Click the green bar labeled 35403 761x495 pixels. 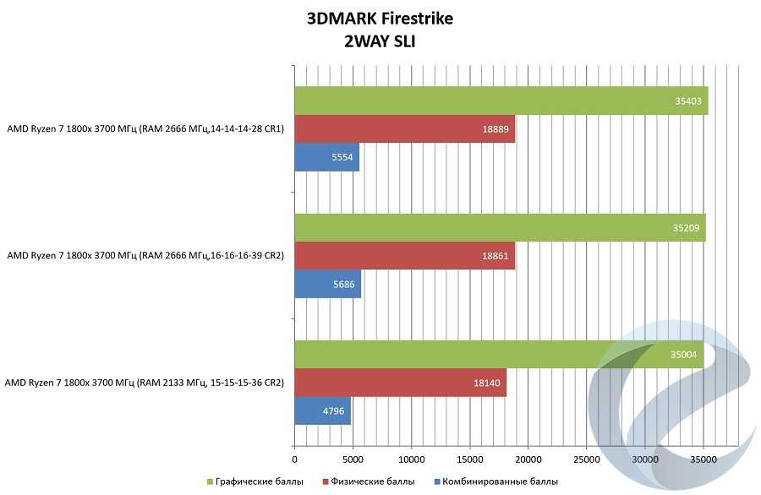coord(501,101)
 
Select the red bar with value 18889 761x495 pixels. coord(404,129)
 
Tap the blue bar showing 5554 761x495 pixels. coord(326,157)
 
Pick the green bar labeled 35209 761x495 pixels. coord(500,227)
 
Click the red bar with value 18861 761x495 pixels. coord(404,255)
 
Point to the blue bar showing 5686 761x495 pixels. coord(327,284)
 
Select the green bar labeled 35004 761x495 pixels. coord(499,354)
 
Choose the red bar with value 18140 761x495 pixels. coord(400,382)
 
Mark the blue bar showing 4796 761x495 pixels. coord(322,411)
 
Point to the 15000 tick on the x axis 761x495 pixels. coord(469,459)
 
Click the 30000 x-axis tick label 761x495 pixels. coord(645,459)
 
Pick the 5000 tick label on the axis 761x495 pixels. coord(353,459)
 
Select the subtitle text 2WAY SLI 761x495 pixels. coord(380,41)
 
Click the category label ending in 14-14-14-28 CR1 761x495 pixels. coord(145,129)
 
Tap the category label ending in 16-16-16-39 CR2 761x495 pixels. coord(145,255)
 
